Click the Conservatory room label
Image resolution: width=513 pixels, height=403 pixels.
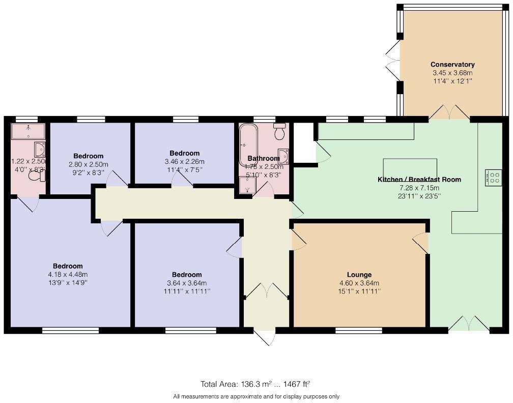point(452,65)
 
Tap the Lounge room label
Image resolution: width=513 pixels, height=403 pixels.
point(359,275)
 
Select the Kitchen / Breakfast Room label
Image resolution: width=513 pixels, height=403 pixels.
point(419,180)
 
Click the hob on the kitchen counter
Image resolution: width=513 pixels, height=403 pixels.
point(493,177)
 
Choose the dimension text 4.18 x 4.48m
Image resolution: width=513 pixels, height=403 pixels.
point(68,275)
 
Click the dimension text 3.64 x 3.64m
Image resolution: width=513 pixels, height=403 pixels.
point(187,283)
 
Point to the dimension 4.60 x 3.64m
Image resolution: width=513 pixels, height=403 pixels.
point(359,283)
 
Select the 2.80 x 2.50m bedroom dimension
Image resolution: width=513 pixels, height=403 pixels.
point(88,164)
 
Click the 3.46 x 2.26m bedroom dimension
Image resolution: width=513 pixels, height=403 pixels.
point(184,162)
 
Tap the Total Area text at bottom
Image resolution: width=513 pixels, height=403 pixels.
point(255,384)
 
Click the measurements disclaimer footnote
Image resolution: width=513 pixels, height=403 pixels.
point(256,396)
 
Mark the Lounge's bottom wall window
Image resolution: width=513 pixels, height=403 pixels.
point(358,330)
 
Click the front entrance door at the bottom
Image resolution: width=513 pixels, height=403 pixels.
point(265,337)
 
